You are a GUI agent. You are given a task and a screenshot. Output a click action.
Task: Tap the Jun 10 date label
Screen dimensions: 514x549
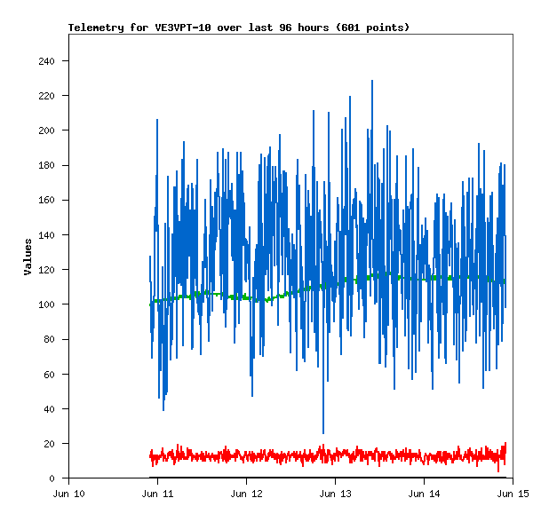(x=68, y=494)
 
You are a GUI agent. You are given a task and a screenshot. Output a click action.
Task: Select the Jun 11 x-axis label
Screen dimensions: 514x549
(x=157, y=494)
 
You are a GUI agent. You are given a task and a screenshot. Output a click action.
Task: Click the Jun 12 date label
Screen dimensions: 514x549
(x=246, y=494)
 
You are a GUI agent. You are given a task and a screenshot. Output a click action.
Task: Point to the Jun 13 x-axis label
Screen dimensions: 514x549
(x=335, y=494)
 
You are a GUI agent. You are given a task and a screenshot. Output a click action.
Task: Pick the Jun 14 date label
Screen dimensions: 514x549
(x=424, y=494)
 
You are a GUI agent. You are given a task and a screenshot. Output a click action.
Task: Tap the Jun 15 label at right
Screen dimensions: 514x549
(x=513, y=494)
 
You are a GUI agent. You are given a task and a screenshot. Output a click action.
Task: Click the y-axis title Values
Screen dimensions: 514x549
(x=28, y=256)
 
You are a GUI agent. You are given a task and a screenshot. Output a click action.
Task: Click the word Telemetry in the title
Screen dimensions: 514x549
(x=96, y=28)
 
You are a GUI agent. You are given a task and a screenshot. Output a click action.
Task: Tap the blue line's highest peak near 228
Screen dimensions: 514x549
(x=372, y=81)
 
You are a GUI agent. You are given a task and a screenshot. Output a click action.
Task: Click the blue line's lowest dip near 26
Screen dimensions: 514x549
(x=323, y=432)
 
